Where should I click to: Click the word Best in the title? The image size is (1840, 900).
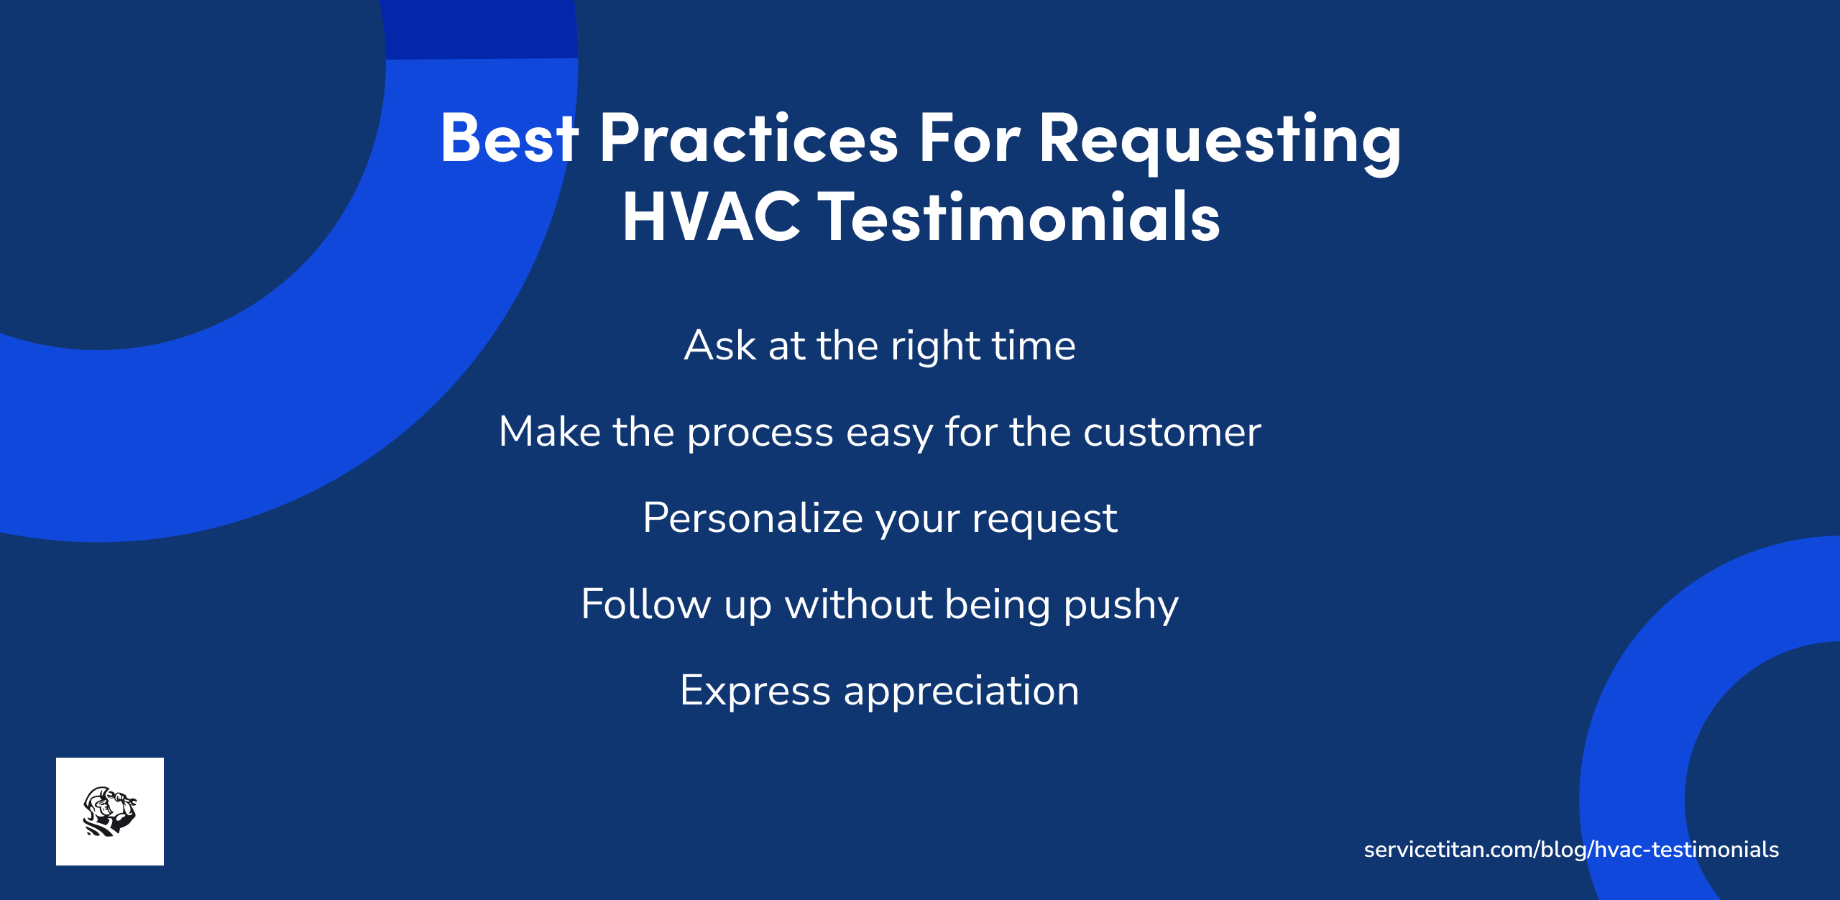coord(509,138)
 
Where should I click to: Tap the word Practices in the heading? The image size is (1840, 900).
coord(748,138)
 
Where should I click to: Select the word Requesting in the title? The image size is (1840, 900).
coord(1220,140)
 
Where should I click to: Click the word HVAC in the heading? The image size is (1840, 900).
coord(711,217)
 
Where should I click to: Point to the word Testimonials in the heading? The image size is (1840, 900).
coord(1019,217)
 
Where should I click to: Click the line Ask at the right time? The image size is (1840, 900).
coord(880,346)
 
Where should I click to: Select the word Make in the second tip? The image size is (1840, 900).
coord(549,432)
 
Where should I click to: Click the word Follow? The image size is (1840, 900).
coord(645,604)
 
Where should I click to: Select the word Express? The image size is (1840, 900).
coord(755,691)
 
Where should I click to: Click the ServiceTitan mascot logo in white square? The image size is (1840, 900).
coord(110,811)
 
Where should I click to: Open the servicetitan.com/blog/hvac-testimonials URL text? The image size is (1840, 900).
coord(1571,850)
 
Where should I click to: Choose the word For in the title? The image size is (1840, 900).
coord(969,138)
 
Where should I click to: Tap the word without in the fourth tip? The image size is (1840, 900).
coord(858,604)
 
